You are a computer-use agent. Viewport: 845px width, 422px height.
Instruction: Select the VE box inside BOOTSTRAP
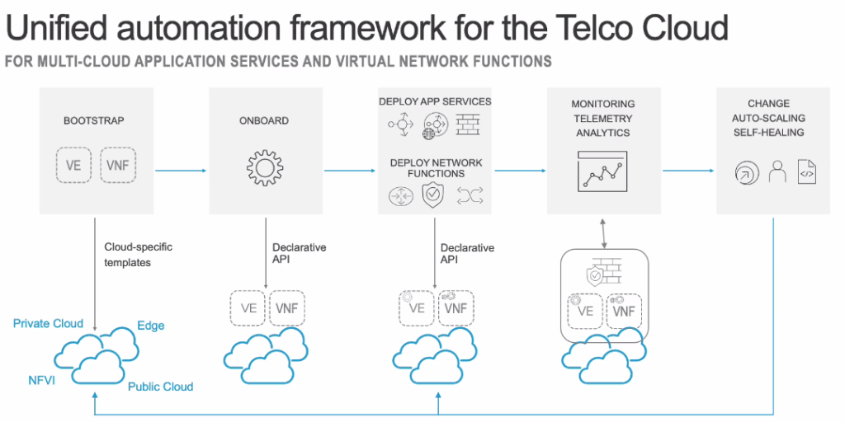[x=73, y=166]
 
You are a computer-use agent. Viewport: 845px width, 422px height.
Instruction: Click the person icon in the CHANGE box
[x=777, y=172]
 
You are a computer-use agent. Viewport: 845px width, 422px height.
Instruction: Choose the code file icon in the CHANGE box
[x=807, y=172]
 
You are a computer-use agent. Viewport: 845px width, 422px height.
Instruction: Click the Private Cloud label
[x=48, y=324]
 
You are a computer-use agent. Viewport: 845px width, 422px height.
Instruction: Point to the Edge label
[x=151, y=326]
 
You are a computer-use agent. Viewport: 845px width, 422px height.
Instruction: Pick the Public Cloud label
[x=160, y=387]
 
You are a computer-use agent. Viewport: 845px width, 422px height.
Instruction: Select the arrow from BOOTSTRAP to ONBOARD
[x=180, y=171]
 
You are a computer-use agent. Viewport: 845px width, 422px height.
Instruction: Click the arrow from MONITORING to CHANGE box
[x=687, y=171]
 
